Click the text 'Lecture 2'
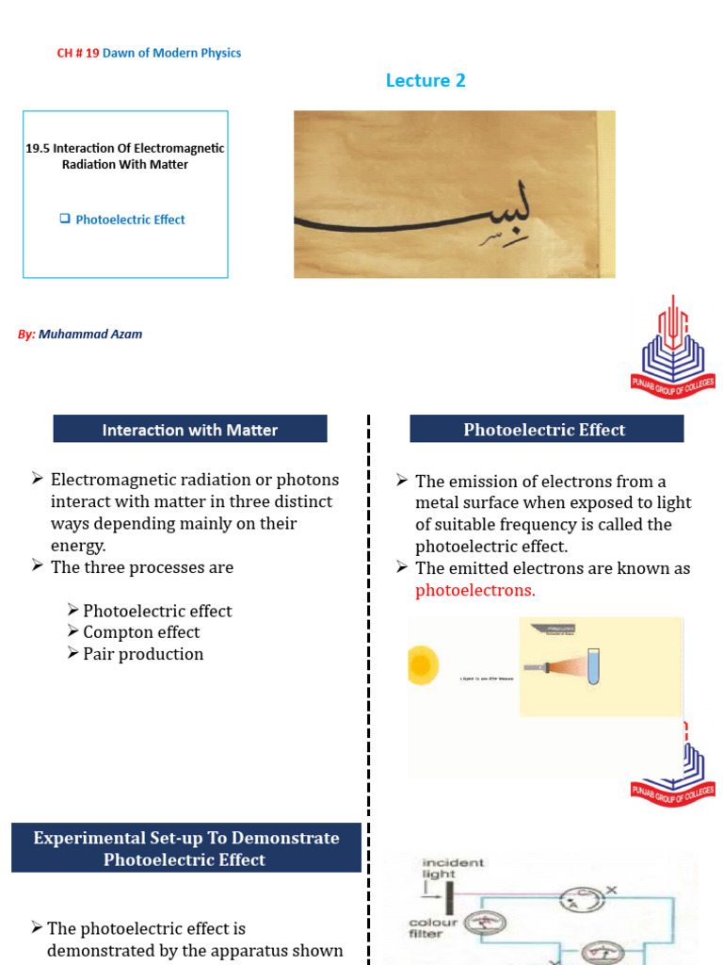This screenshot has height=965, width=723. (x=426, y=81)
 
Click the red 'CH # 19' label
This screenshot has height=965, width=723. (x=77, y=53)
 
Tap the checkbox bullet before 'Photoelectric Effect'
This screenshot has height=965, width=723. (x=65, y=219)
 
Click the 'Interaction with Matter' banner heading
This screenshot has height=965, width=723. (x=190, y=430)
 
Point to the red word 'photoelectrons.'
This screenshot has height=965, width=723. (x=474, y=591)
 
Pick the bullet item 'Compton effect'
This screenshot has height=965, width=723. (x=141, y=632)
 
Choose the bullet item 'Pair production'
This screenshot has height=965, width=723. (x=143, y=654)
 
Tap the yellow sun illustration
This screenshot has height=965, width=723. (x=422, y=666)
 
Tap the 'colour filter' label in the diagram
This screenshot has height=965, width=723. (x=433, y=929)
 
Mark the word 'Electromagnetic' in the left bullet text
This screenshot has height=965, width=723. (x=105, y=480)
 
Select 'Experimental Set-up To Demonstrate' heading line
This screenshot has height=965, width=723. (x=186, y=838)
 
